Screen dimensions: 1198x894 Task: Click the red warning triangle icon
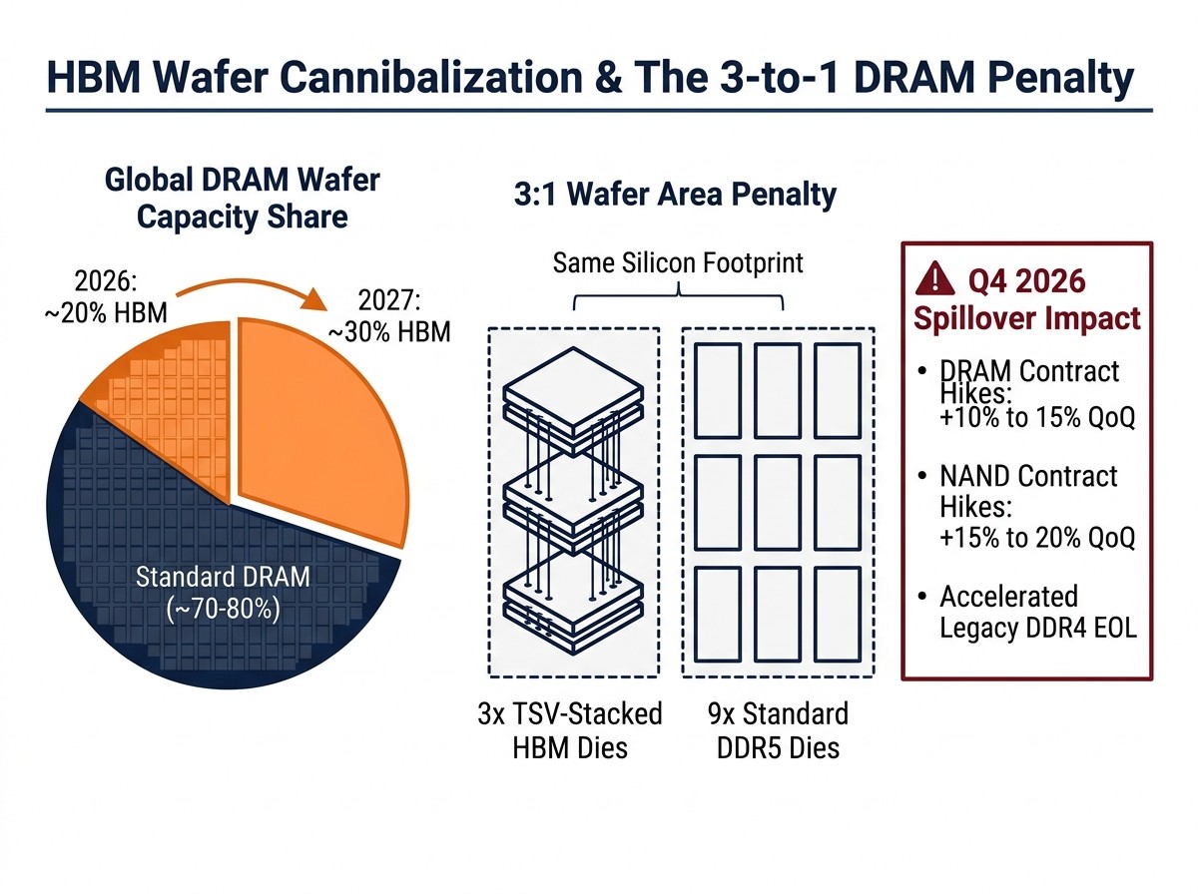click(x=934, y=279)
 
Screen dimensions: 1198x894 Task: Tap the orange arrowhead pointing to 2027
click(x=313, y=299)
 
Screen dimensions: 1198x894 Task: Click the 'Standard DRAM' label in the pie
click(x=223, y=577)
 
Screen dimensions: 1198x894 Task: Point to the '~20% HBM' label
click(x=106, y=313)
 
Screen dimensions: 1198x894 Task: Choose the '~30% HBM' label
click(x=389, y=332)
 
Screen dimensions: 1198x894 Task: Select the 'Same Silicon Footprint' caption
click(x=678, y=262)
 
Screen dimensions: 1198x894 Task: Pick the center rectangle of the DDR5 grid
click(x=778, y=502)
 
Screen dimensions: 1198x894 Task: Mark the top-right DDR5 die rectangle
click(x=838, y=390)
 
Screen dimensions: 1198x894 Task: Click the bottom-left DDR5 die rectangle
click(x=718, y=615)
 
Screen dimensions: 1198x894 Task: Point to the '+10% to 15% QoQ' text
click(x=1037, y=418)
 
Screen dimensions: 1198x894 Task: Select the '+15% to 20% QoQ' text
click(x=1037, y=538)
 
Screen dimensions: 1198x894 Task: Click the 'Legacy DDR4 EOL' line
click(x=1038, y=628)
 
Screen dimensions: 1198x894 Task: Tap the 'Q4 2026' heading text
click(x=1026, y=281)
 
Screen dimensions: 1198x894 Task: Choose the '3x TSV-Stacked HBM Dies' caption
click(x=570, y=730)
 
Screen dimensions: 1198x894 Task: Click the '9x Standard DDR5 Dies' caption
click(x=779, y=730)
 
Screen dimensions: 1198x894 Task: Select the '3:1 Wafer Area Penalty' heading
click(x=675, y=195)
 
